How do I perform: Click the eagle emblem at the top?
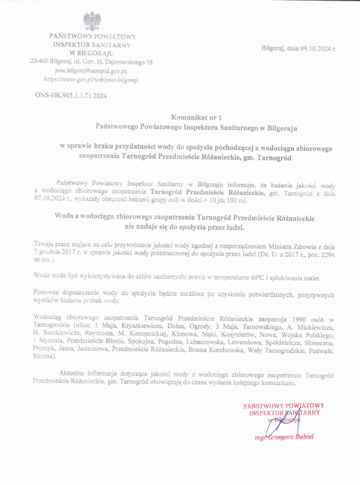(92, 21)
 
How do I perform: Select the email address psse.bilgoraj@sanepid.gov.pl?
(91, 69)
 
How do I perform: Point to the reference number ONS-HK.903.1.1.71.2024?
(71, 95)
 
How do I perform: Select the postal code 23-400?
(41, 61)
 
